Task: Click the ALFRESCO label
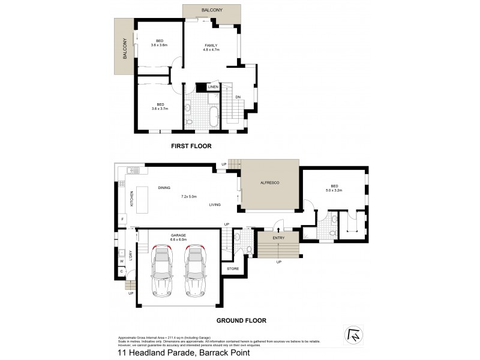[270, 182]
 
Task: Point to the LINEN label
[213, 88]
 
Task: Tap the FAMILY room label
[211, 46]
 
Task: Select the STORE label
[233, 268]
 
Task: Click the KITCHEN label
[131, 199]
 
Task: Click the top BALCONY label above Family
[213, 10]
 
